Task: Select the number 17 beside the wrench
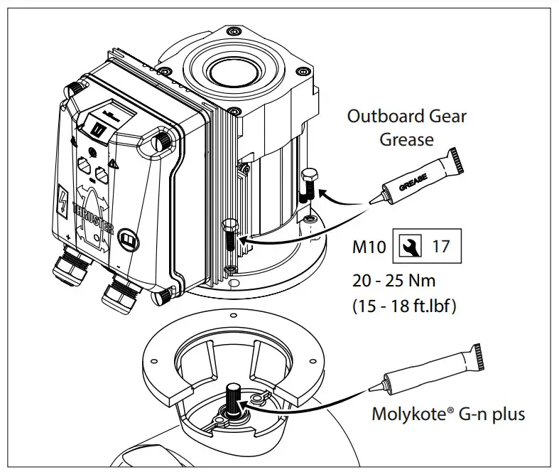pyautogui.click(x=441, y=247)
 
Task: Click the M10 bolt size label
pyautogui.click(x=369, y=248)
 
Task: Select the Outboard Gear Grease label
pyautogui.click(x=406, y=127)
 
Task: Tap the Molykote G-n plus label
pyautogui.click(x=448, y=413)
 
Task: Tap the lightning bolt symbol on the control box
pyautogui.click(x=62, y=200)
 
